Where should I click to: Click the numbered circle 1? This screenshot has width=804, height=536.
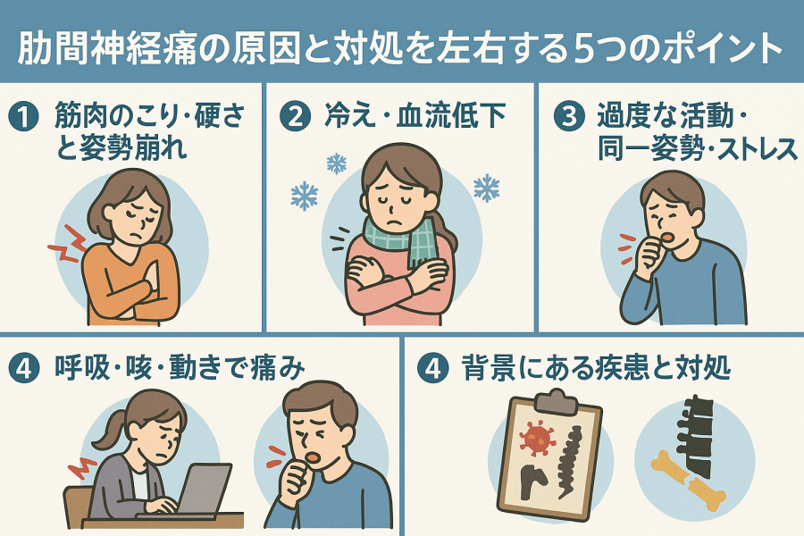(23, 116)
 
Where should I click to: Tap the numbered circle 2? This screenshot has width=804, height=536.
(295, 116)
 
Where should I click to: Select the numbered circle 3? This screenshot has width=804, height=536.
(569, 116)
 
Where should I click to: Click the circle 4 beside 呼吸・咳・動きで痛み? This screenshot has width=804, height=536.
(23, 368)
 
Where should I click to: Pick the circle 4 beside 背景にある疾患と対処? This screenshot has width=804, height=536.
(432, 368)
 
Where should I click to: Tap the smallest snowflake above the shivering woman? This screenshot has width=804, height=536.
(337, 163)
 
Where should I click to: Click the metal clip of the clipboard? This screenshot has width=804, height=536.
(556, 401)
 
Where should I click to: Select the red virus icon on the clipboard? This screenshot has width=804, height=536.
(537, 438)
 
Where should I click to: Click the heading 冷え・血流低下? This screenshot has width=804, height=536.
(415, 115)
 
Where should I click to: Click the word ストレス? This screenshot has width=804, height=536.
(757, 149)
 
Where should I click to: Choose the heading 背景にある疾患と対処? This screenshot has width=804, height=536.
(596, 368)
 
